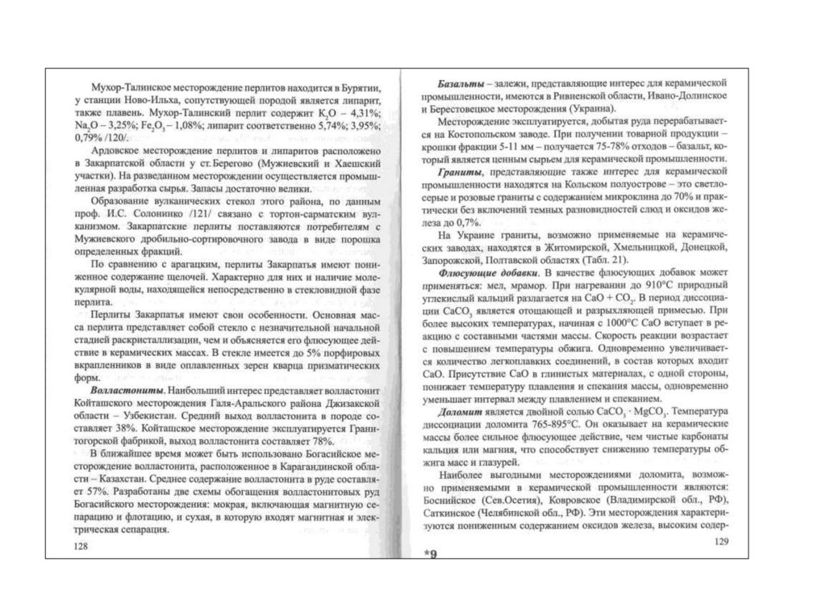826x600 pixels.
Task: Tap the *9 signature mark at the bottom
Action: coord(428,555)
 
